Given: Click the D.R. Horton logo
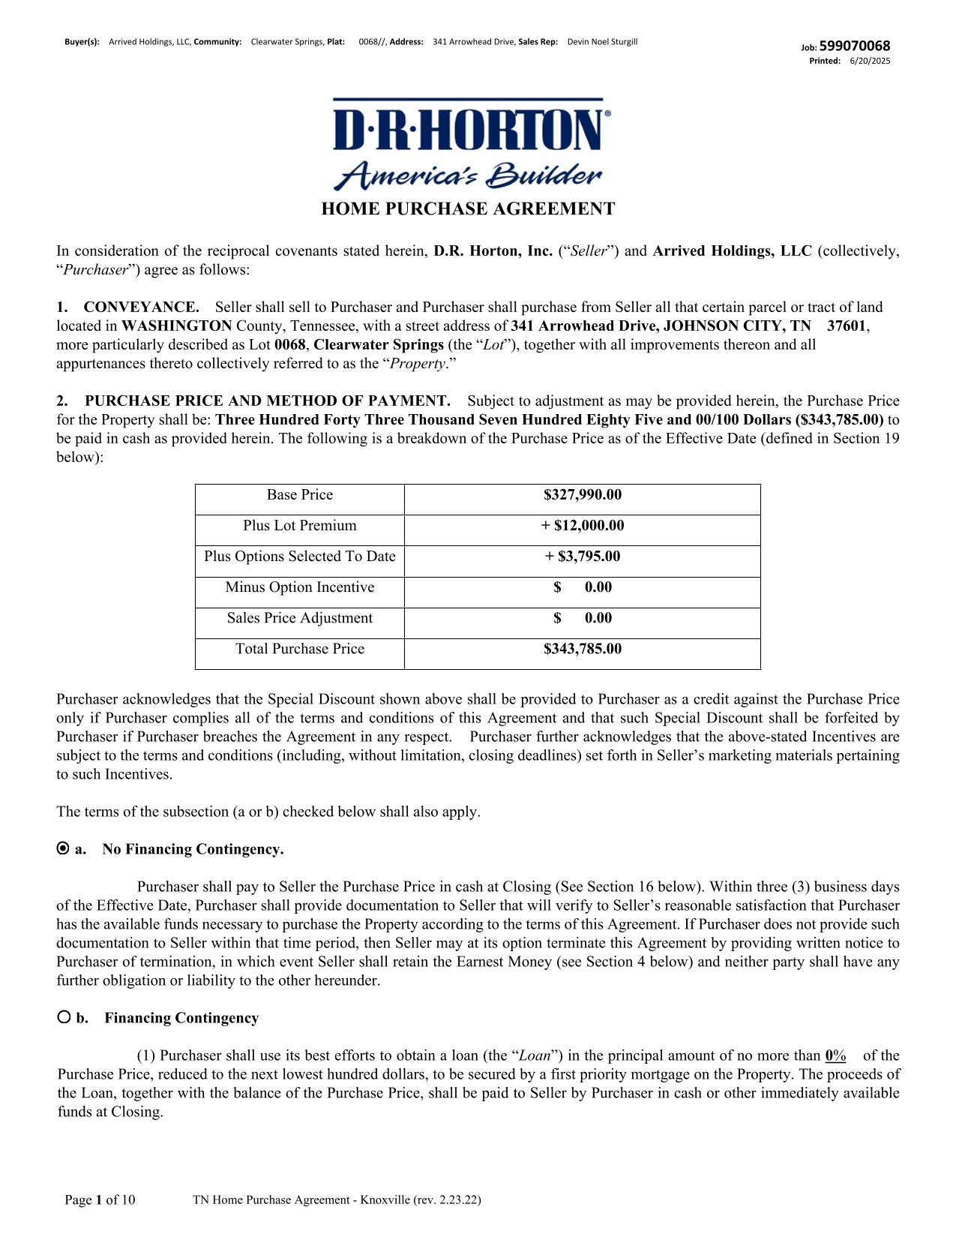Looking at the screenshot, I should [x=468, y=143].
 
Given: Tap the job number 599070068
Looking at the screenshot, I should [x=855, y=47].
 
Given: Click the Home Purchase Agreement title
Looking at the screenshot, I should [x=468, y=209].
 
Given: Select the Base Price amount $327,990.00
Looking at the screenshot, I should [x=583, y=495].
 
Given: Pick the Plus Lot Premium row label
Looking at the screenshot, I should [x=299, y=526].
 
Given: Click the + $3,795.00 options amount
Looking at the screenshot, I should [x=583, y=557].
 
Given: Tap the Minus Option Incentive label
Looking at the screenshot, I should [x=299, y=587].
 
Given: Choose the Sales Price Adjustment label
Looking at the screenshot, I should [x=299, y=618].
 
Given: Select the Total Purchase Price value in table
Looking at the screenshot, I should [x=583, y=649].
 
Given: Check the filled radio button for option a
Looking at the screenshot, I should [x=63, y=848].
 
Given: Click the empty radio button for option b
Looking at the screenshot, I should [x=64, y=1017].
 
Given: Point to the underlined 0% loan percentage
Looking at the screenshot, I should [x=835, y=1056].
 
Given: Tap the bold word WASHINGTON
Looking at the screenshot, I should [x=177, y=326].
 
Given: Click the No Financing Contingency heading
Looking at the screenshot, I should [x=193, y=849].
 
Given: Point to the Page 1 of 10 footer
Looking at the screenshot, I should [x=100, y=1200].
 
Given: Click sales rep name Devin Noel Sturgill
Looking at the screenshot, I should [x=602, y=42].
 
